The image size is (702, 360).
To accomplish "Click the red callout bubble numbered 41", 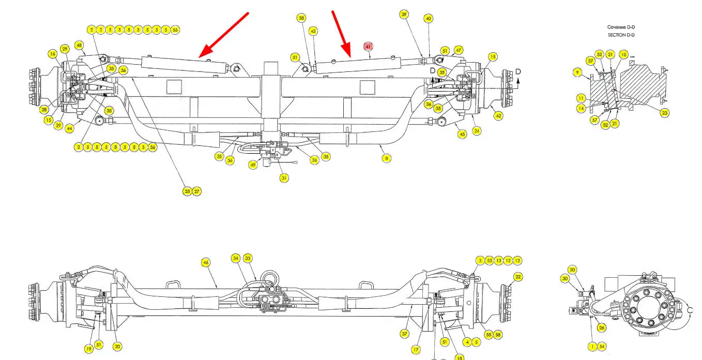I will click(x=368, y=47).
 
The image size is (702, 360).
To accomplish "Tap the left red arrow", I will click(x=223, y=35).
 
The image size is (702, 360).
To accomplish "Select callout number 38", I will click(x=301, y=18).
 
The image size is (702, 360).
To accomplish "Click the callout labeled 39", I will click(x=404, y=14).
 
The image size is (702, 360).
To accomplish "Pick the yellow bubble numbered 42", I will click(x=498, y=116).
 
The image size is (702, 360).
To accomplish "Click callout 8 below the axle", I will click(x=386, y=158).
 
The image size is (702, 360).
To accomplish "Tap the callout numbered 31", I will click(x=284, y=178).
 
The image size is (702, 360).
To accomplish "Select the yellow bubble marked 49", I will click(x=253, y=165).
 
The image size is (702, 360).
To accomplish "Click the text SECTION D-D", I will click(x=620, y=35).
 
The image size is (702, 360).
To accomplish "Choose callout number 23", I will click(x=664, y=112).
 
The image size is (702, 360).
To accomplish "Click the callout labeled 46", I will click(x=206, y=263).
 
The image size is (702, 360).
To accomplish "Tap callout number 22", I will click(x=518, y=277).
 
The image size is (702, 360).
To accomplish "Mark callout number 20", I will click(x=117, y=347).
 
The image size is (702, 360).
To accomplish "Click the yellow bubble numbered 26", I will click(x=601, y=327).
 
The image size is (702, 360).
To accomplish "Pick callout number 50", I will click(x=572, y=269).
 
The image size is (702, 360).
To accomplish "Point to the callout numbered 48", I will click(x=79, y=45).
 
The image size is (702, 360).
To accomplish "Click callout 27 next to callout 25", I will click(x=196, y=191).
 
